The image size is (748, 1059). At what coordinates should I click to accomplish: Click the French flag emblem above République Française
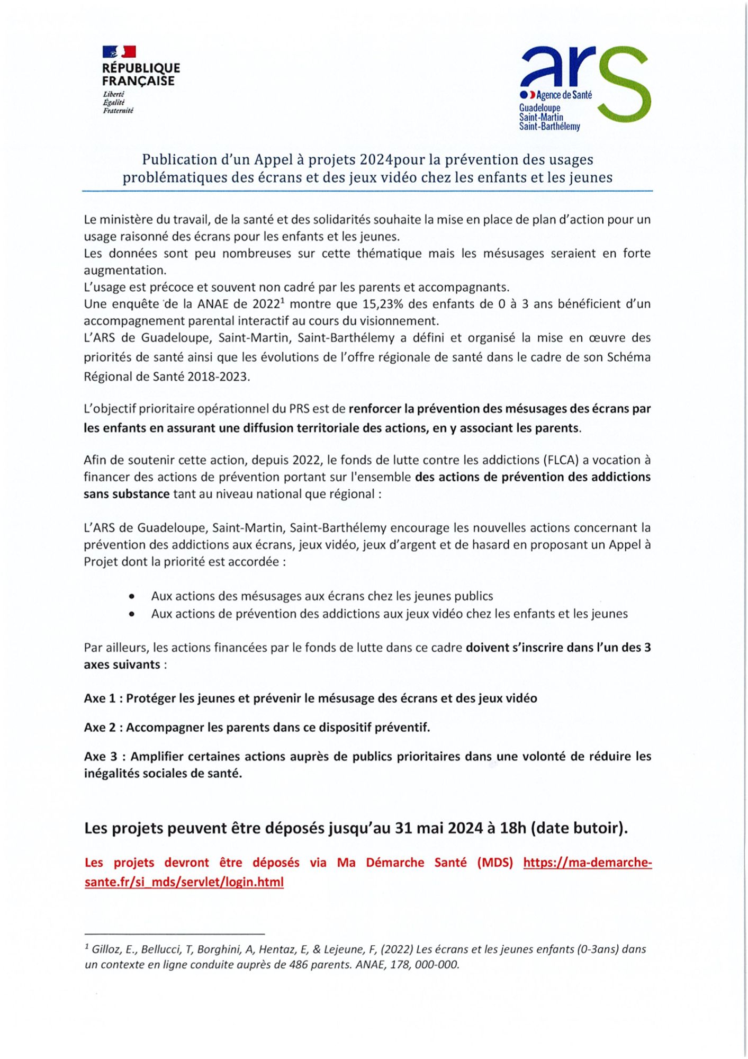pyautogui.click(x=119, y=51)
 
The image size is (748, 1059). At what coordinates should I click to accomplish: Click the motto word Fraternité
pyautogui.click(x=118, y=111)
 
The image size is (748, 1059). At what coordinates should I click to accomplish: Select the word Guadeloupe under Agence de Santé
pyautogui.click(x=539, y=108)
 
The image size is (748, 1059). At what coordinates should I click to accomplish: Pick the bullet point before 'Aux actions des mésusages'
pyautogui.click(x=131, y=596)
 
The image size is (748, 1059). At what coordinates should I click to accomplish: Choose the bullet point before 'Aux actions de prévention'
pyautogui.click(x=131, y=614)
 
